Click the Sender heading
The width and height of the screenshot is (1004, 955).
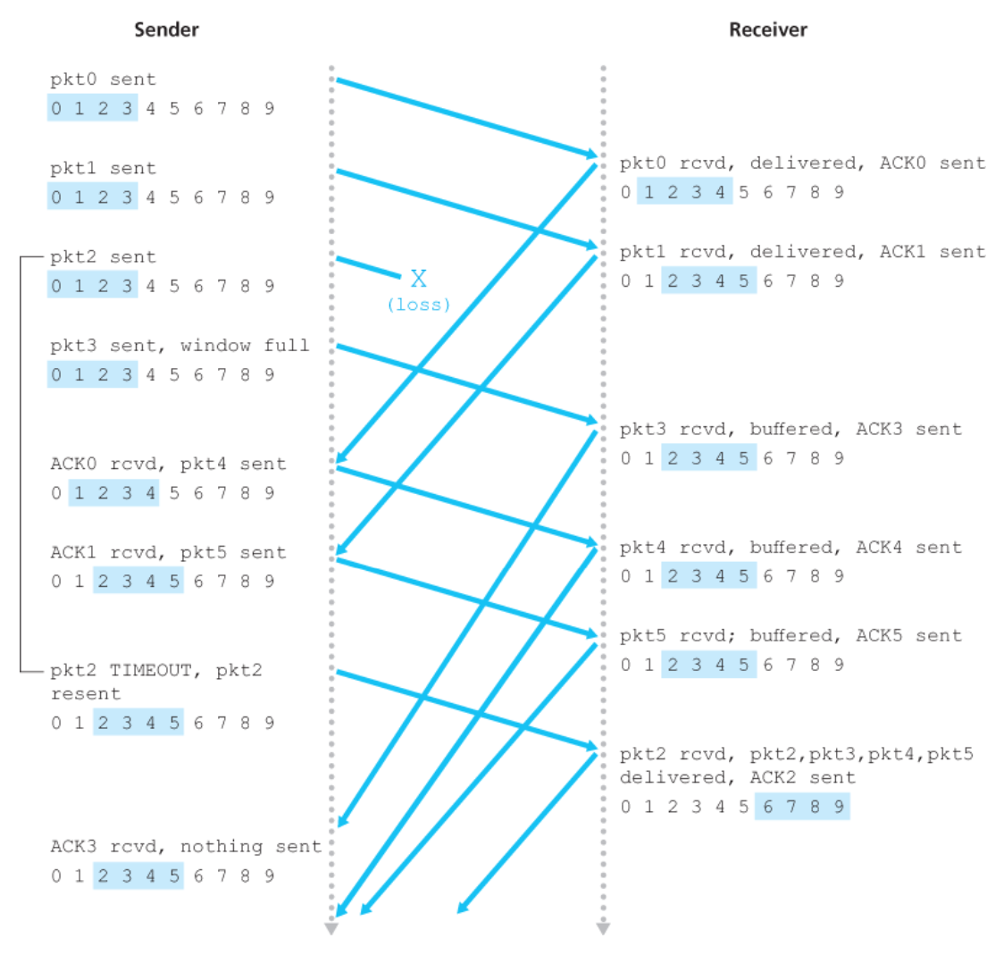pyautogui.click(x=166, y=29)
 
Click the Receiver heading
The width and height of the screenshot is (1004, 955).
pyautogui.click(x=768, y=29)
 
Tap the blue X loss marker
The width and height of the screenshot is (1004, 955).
pyautogui.click(x=418, y=278)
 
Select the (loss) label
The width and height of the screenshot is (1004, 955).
pyautogui.click(x=418, y=305)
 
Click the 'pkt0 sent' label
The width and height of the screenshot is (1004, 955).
pyautogui.click(x=103, y=80)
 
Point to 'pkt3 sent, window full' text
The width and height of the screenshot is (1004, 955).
pyautogui.click(x=180, y=346)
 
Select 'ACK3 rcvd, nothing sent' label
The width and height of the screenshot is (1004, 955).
pyautogui.click(x=186, y=846)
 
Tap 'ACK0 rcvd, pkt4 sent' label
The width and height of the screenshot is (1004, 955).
pyautogui.click(x=168, y=464)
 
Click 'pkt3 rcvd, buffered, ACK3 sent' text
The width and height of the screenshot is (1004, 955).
pyautogui.click(x=791, y=429)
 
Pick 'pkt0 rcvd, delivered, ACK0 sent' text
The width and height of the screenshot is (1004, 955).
pyautogui.click(x=802, y=163)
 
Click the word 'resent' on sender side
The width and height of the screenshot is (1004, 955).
pyautogui.click(x=85, y=694)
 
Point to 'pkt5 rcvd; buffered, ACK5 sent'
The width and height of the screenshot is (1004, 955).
pyautogui.click(x=791, y=635)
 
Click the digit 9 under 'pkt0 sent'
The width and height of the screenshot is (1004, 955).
pyautogui.click(x=269, y=109)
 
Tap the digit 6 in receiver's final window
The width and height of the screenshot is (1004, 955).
pyautogui.click(x=767, y=807)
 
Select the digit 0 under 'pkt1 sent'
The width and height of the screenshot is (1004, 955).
pyautogui.click(x=56, y=197)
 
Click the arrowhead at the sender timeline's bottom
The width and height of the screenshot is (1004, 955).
pyautogui.click(x=331, y=930)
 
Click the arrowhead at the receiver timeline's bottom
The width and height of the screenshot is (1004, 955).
pyautogui.click(x=603, y=930)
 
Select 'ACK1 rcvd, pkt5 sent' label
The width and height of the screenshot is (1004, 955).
pyautogui.click(x=168, y=552)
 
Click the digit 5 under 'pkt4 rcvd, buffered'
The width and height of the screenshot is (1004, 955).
pyautogui.click(x=743, y=576)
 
